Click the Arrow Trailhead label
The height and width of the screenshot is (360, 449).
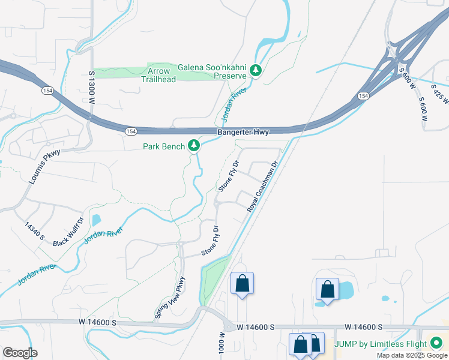pos(159,74)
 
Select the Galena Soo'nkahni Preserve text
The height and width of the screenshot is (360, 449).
pos(212,71)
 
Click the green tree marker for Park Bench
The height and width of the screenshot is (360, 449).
pos(194,145)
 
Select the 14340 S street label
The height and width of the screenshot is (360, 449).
pos(34,231)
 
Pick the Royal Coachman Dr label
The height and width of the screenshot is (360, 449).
pos(264,186)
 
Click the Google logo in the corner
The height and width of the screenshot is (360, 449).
pos(19,353)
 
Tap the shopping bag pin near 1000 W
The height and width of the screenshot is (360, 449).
pos(242,283)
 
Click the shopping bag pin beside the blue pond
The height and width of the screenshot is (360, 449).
pos(327,289)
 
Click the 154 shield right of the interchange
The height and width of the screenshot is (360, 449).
pos(363,95)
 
